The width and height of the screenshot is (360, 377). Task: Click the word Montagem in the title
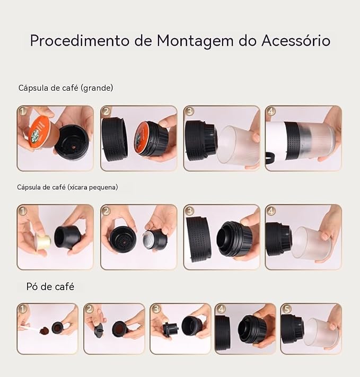pyautogui.click(x=195, y=41)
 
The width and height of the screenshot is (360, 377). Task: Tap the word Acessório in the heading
pyautogui.click(x=296, y=40)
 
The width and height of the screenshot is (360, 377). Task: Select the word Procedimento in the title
pyautogui.click(x=80, y=40)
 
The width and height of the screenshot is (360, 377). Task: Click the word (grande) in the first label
pyautogui.click(x=97, y=88)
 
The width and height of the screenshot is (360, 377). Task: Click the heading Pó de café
pyautogui.click(x=50, y=287)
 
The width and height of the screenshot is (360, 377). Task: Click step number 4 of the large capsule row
pyautogui.click(x=271, y=111)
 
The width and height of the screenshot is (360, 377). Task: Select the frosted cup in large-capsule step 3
pyautogui.click(x=238, y=145)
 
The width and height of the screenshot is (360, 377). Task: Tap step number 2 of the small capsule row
pyautogui.click(x=106, y=211)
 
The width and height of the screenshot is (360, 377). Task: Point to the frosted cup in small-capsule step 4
pyautogui.click(x=312, y=243)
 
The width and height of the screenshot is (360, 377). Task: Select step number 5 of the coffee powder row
pyautogui.click(x=286, y=309)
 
